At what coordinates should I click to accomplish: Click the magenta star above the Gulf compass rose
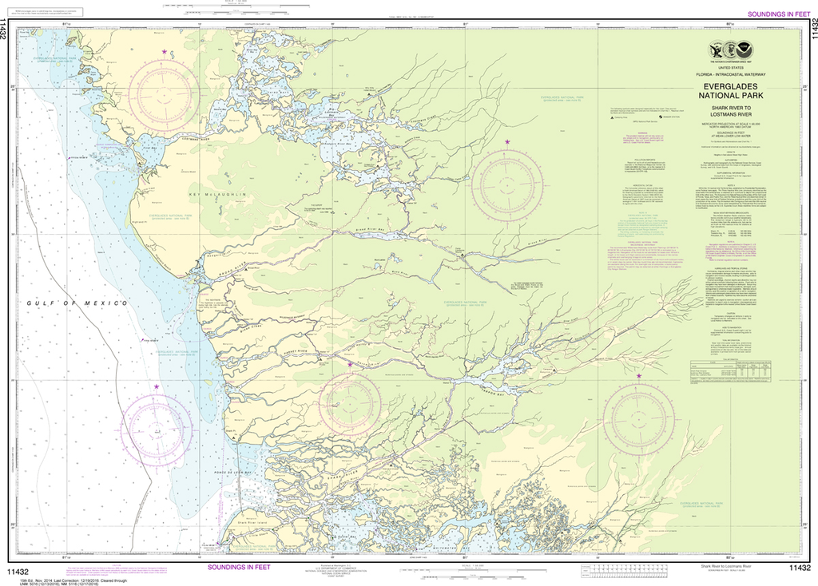coord(157,387)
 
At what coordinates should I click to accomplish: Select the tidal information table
coord(734,370)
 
